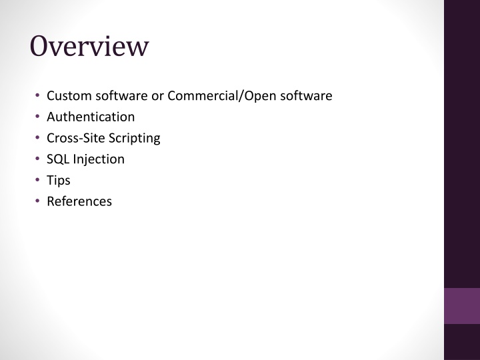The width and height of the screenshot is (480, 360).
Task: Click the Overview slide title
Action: pos(89,46)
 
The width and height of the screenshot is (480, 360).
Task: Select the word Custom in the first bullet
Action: pos(69,96)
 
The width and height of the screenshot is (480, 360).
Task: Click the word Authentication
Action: pos(91,117)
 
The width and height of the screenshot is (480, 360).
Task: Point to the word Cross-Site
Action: pos(76,138)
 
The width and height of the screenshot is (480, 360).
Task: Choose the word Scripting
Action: pos(135,139)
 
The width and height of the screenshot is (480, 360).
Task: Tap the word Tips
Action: pos(59,181)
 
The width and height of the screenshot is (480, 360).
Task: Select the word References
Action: pos(79,201)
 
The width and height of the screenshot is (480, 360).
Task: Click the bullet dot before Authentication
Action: pos(37,116)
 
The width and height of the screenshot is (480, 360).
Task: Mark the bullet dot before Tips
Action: pos(37,180)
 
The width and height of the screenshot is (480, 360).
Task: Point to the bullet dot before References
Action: pos(37,201)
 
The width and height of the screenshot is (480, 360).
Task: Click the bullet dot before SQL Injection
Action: pos(37,159)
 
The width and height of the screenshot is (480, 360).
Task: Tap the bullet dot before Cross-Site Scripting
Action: pos(37,137)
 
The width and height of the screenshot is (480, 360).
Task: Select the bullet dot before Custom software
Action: pos(37,95)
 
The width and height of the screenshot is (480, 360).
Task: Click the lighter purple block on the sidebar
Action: pos(462,306)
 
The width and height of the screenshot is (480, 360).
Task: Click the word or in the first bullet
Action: pos(157,97)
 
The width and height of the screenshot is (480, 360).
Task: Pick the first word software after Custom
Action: pos(121,96)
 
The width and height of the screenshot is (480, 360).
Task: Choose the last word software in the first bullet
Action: pos(306,96)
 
